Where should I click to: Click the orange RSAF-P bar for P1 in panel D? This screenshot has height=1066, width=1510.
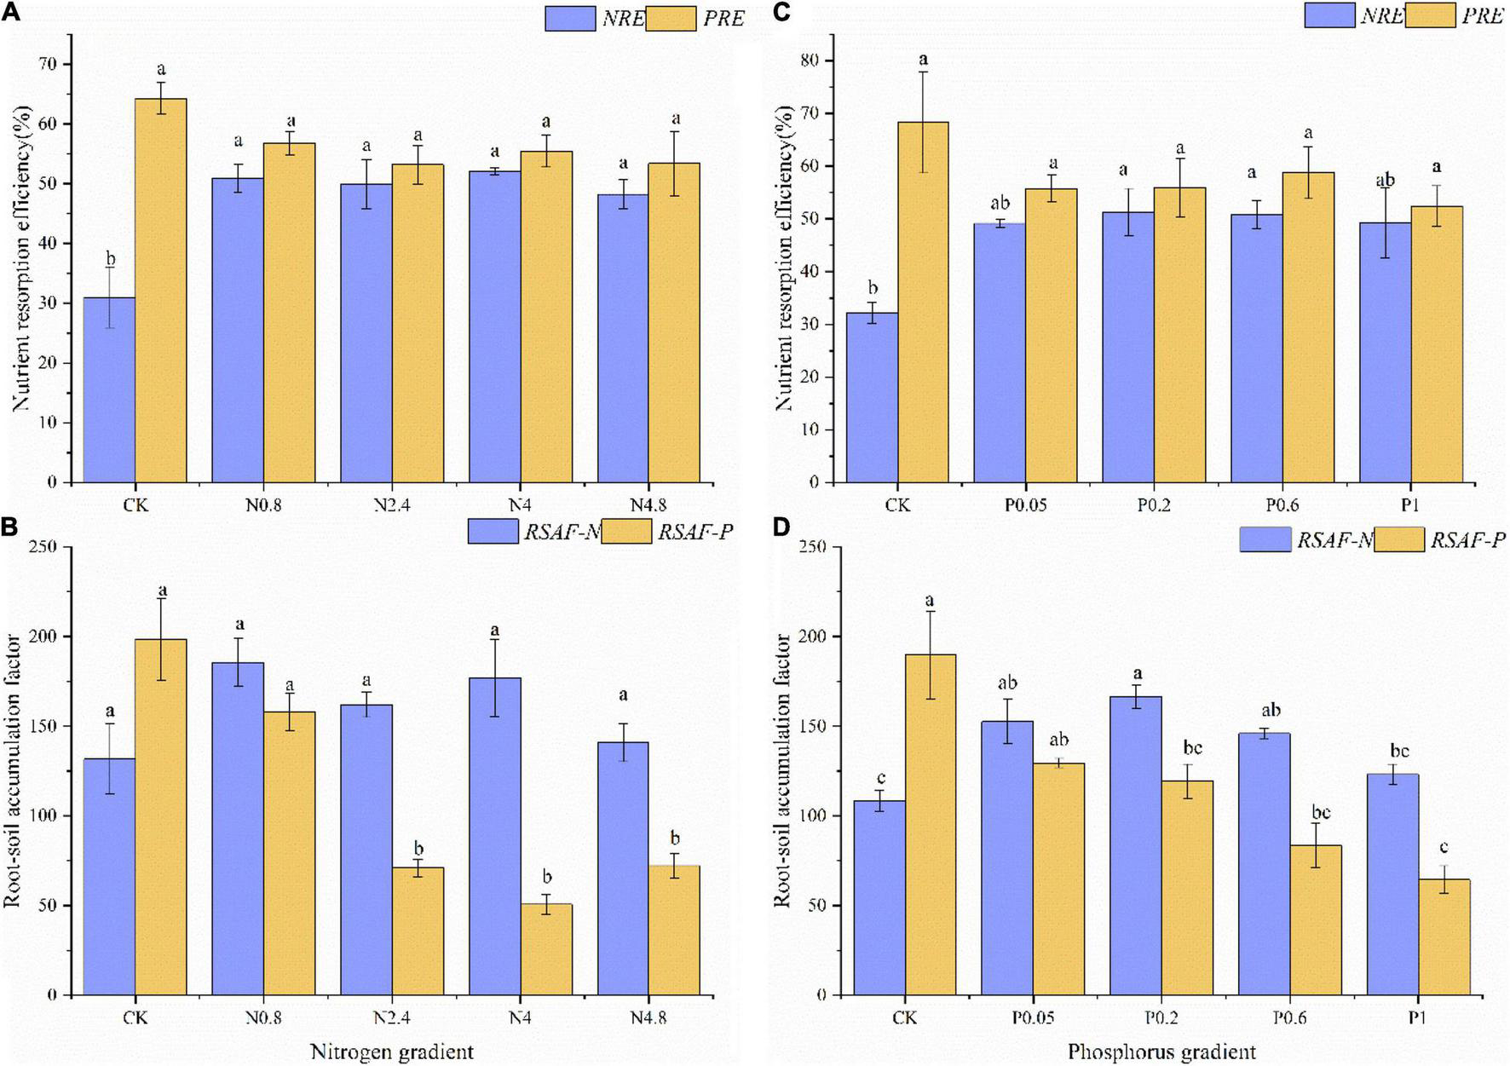pyautogui.click(x=1444, y=937)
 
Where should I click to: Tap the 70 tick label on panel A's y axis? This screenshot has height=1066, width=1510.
pyautogui.click(x=59, y=65)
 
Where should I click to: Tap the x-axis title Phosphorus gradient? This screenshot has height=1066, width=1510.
pyautogui.click(x=1161, y=1052)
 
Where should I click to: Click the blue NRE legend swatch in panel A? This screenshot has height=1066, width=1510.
pyautogui.click(x=570, y=18)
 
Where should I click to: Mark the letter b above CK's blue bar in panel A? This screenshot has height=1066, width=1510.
pyautogui.click(x=110, y=259)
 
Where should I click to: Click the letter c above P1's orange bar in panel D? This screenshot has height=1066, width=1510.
pyautogui.click(x=1444, y=848)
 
